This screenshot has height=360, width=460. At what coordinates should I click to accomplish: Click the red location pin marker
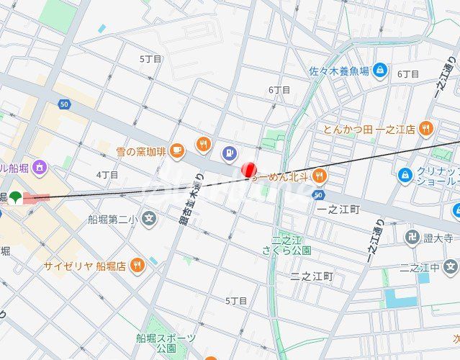[248, 171]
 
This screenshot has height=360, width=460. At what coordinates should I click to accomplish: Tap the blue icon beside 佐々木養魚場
[381, 71]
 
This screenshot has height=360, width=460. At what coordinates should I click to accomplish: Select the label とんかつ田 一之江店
[368, 129]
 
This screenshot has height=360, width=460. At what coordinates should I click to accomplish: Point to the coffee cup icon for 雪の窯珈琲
[178, 150]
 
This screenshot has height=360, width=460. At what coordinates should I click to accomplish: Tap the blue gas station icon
[229, 152]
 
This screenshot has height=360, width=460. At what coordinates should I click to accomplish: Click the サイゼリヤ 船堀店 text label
[84, 266]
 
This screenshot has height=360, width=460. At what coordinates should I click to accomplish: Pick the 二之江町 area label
[312, 276]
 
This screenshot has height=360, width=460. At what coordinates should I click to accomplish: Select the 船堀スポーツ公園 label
[166, 343]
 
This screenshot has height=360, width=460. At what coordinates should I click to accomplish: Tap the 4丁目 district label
[107, 175]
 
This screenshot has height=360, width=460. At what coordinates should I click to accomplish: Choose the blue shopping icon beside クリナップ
[405, 174]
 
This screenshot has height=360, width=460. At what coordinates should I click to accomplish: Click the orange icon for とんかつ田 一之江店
[426, 129]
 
